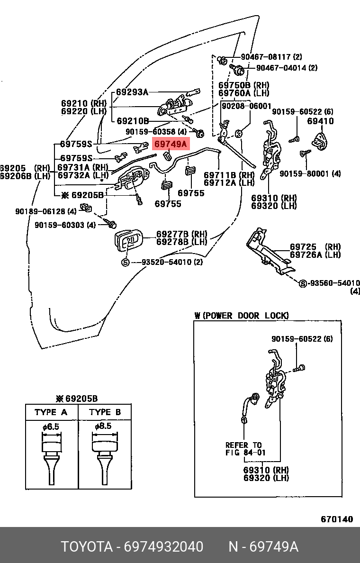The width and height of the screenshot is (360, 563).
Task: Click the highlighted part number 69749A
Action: click(x=171, y=144)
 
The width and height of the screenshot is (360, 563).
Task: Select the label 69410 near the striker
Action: click(x=320, y=121)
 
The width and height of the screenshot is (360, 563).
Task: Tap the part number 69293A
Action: click(x=132, y=92)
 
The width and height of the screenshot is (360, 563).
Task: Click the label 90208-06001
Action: click(x=246, y=106)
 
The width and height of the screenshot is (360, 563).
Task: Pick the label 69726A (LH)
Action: click(x=315, y=254)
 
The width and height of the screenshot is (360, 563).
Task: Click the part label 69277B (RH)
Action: click(x=182, y=234)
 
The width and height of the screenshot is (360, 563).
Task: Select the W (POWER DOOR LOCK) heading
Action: click(x=241, y=316)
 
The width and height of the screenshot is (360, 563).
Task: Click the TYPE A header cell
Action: click(x=51, y=412)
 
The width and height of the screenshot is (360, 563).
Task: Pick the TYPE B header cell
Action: click(x=105, y=412)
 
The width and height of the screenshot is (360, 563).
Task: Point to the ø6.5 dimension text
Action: click(x=51, y=427)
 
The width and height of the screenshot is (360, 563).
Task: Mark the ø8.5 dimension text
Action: click(x=103, y=426)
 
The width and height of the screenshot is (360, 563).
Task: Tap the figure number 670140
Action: click(x=337, y=519)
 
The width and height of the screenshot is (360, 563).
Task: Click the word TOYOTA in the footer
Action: click(x=86, y=547)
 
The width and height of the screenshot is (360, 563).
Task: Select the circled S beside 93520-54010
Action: click(x=126, y=262)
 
